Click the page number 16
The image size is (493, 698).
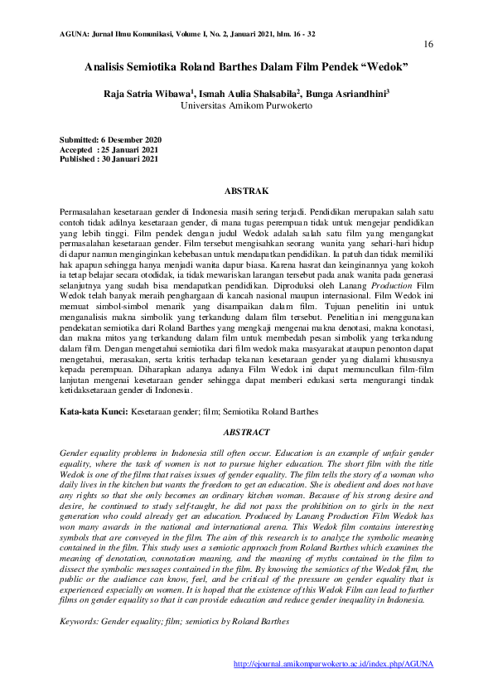pos(428,43)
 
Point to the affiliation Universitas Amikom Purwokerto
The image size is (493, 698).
pos(246,106)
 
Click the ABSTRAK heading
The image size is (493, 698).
pos(246,190)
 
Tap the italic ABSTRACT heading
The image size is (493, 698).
pos(246,432)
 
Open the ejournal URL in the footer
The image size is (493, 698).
pos(334,664)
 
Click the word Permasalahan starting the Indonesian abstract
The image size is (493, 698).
pos(89,214)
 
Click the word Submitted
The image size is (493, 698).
pos(79,138)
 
